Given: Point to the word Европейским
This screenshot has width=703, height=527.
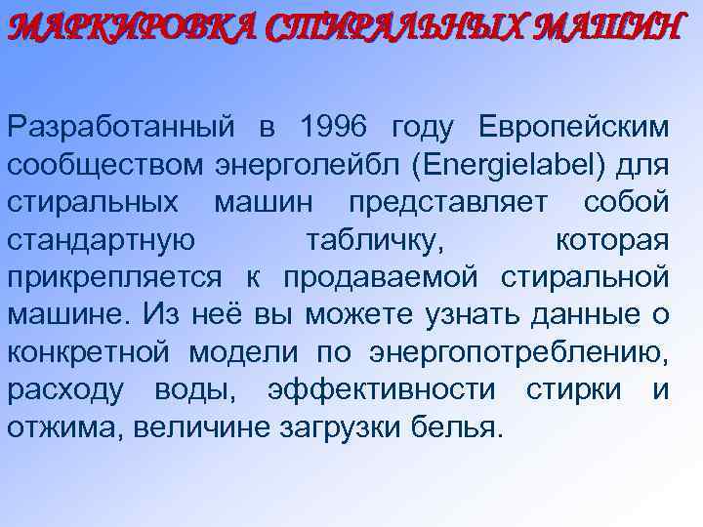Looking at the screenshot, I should coord(575,127).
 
